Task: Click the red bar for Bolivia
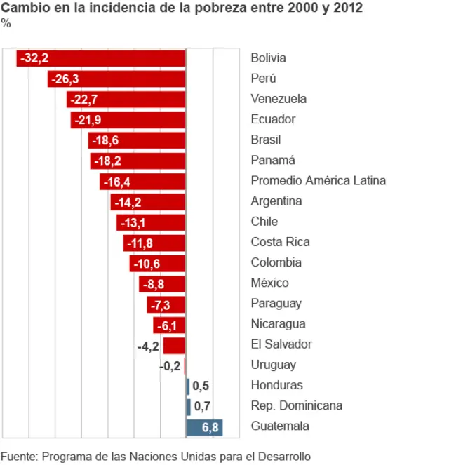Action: (101, 58)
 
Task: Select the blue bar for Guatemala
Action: (204, 426)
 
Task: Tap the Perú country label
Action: (264, 79)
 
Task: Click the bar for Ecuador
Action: (128, 120)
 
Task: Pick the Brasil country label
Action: (264, 140)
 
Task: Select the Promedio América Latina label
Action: (318, 181)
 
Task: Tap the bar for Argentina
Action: (148, 201)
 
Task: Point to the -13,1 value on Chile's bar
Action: (133, 222)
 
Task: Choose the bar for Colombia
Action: (158, 263)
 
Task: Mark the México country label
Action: (269, 283)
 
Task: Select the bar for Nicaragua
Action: (169, 325)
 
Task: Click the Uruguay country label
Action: (273, 365)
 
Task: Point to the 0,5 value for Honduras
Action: (201, 386)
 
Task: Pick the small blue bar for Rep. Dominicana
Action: (188, 406)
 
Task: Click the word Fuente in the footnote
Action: (19, 456)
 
